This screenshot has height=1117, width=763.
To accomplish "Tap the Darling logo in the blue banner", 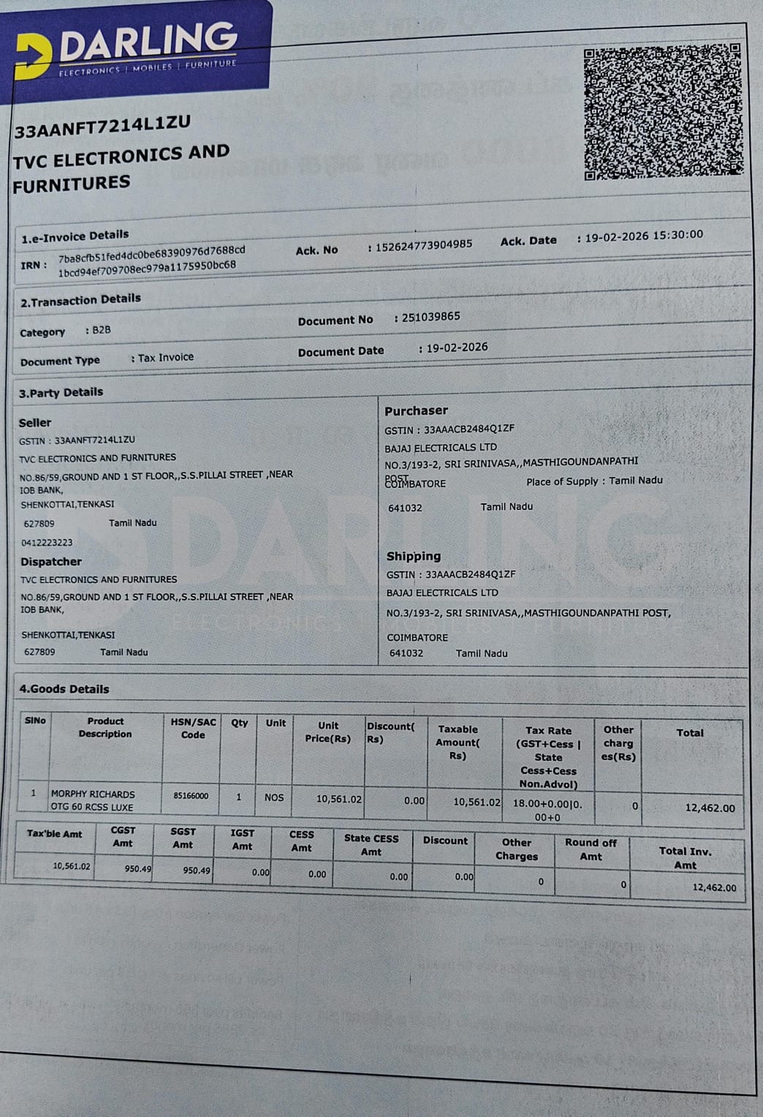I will (127, 49).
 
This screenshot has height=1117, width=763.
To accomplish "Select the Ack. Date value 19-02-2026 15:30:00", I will (644, 236).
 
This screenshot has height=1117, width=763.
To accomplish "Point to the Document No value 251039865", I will (430, 317).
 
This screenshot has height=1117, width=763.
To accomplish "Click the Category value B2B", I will (102, 330).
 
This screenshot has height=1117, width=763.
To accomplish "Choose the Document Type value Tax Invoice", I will (166, 358).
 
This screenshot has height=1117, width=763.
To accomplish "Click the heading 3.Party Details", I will (61, 392).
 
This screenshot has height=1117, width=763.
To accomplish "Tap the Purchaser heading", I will (416, 410).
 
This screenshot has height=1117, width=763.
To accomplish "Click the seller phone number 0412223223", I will (47, 543).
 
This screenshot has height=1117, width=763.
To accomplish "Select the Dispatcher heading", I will (51, 562).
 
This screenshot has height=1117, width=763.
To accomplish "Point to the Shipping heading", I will (414, 556).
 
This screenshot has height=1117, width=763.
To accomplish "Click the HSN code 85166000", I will (191, 796).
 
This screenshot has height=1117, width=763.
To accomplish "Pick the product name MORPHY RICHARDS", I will (93, 794).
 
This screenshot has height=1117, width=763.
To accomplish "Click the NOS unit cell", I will (274, 797).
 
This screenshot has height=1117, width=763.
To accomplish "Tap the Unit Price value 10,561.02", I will (338, 800).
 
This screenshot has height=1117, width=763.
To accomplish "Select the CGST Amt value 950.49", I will (137, 869).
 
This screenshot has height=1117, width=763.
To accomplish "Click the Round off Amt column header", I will (591, 849).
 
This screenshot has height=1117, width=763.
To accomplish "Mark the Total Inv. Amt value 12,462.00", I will (714, 887).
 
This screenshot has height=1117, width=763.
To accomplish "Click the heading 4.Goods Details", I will (64, 689).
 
